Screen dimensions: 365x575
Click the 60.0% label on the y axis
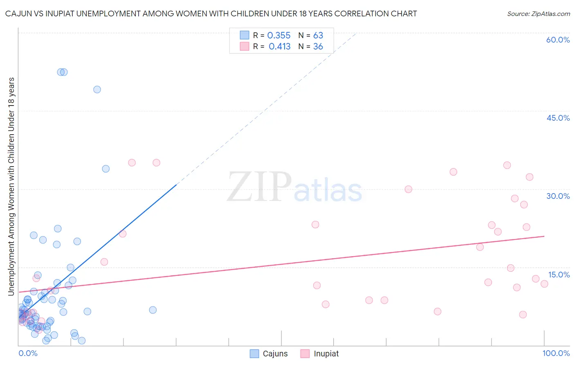[558, 40]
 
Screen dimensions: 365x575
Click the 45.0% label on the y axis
[558, 118]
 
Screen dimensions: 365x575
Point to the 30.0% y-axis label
[558, 196]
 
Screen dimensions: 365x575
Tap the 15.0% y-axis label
[559, 275]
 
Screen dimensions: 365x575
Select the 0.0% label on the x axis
[28, 353]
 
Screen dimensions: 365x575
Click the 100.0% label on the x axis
[556, 353]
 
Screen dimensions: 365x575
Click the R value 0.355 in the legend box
[279, 36]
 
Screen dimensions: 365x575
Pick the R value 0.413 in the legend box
[279, 47]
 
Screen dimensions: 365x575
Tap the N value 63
[318, 36]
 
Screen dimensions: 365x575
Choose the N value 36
[318, 47]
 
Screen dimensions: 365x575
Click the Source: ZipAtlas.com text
[538, 14]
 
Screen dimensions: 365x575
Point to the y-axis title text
[11, 186]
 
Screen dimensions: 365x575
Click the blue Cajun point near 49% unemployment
[97, 90]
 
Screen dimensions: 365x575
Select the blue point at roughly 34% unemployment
[106, 169]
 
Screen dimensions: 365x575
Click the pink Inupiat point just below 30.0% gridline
[408, 189]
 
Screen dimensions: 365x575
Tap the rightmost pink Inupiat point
[544, 284]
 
